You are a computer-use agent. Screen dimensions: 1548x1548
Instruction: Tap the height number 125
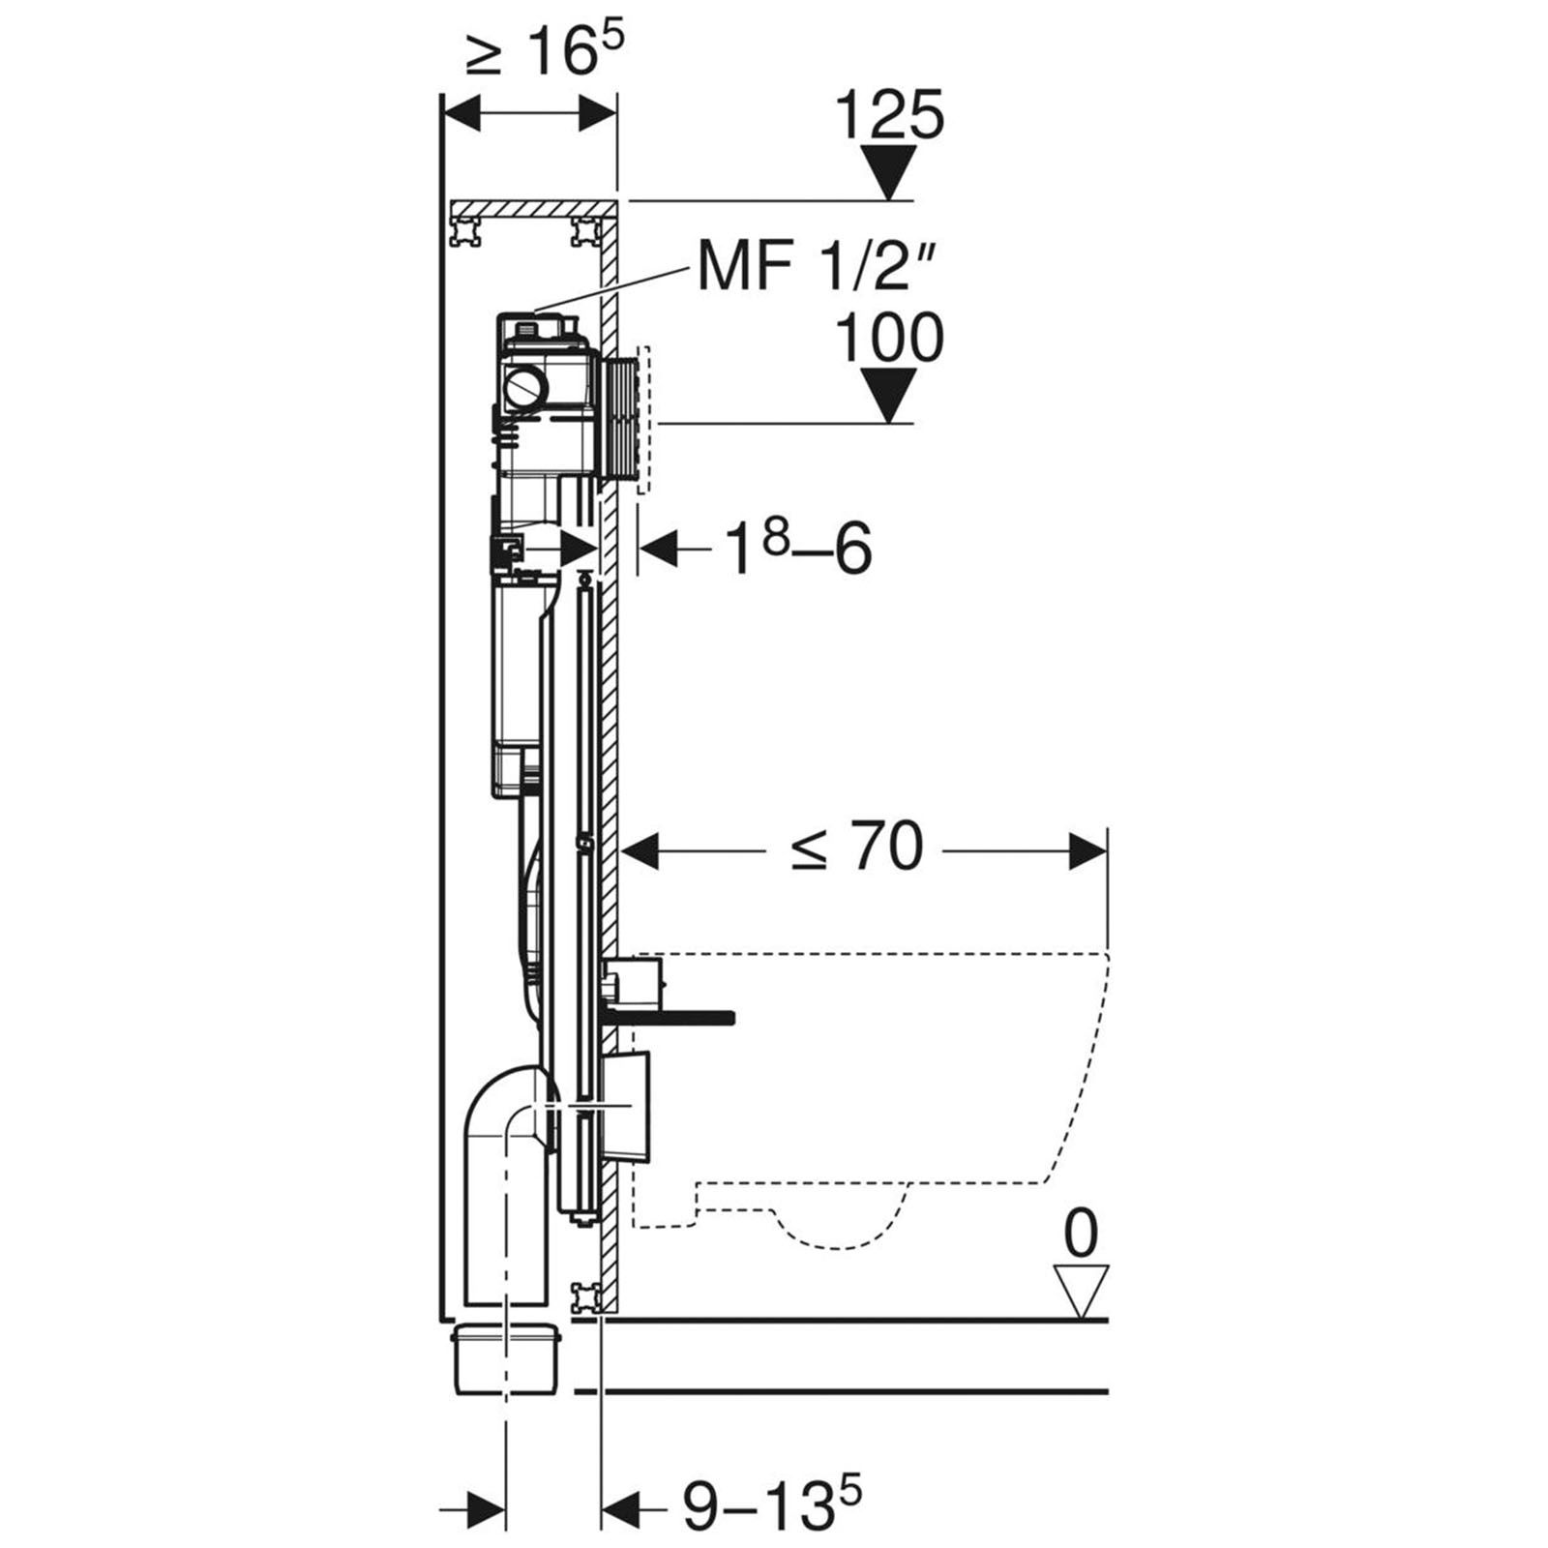click(889, 115)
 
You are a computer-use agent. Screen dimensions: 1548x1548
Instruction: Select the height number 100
click(889, 338)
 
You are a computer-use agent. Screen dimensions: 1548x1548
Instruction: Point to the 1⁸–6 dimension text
click(800, 549)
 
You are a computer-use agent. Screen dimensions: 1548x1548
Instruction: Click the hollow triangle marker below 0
click(1082, 1291)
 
